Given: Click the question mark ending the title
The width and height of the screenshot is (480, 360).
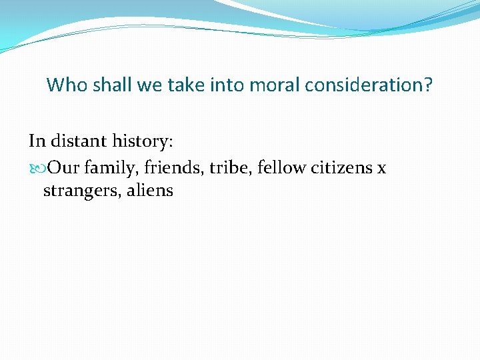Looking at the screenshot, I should click(428, 85).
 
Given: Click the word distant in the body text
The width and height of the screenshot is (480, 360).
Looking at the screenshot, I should click(75, 141).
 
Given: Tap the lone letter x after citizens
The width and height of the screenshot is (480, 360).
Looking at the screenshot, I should click(381, 168).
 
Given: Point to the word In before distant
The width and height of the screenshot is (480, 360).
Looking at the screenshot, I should click(36, 141).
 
